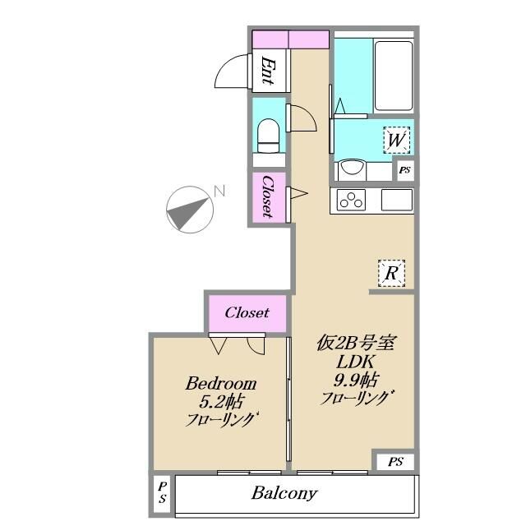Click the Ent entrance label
pos(268,71)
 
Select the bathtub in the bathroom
pos(393,76)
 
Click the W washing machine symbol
pos(397,140)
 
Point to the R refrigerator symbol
pos(391,273)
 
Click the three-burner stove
pos(351,200)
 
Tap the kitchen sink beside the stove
pos(397,200)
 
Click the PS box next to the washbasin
pos(405,170)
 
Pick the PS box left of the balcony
pos(163,492)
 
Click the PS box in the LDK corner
pos(395,462)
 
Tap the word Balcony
pos(284,493)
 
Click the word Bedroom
pos(221,384)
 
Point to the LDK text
pos(356,362)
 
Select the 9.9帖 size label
pos(356,380)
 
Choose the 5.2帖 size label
pos(221,402)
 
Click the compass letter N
pos(219,191)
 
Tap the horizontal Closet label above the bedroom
pos(247,312)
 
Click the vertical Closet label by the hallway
pos(268,196)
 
